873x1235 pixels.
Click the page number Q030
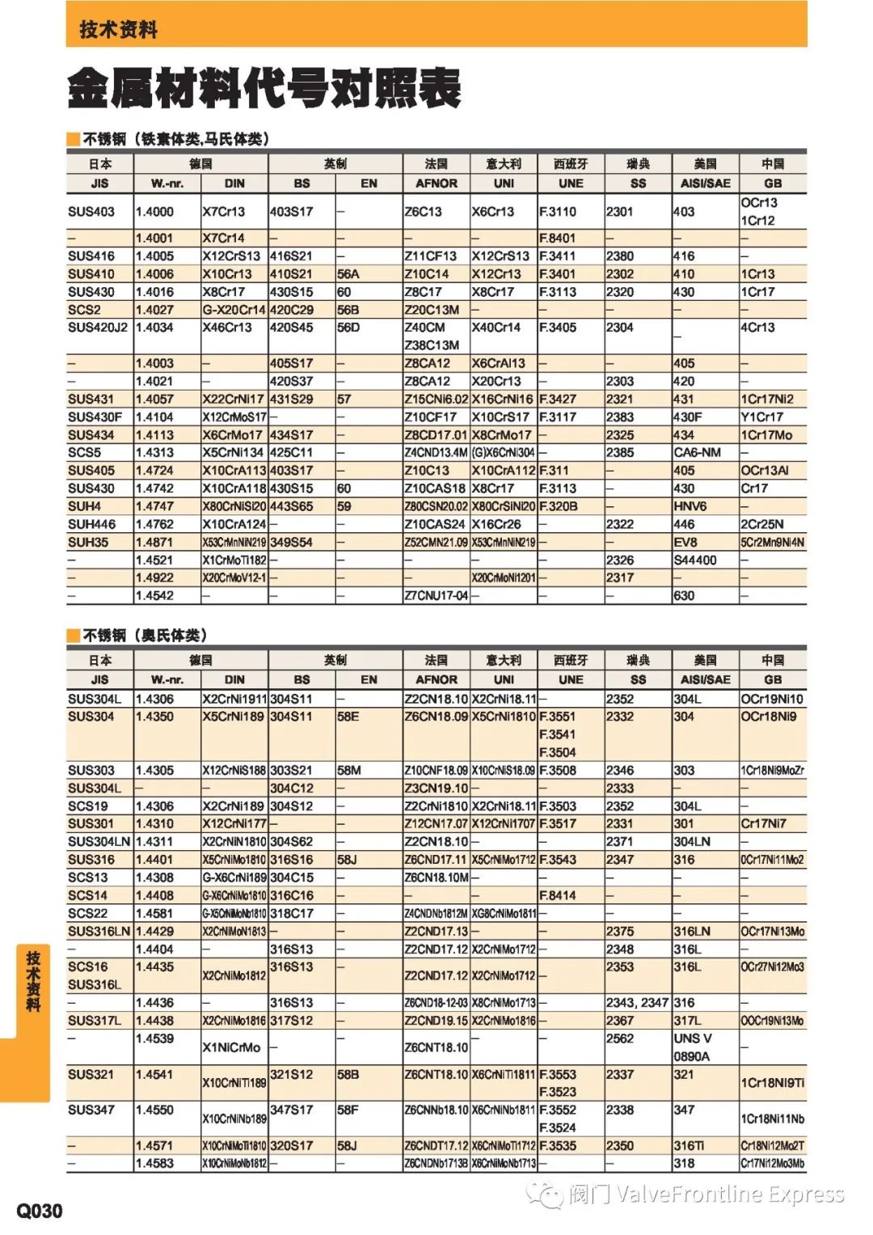(40, 1210)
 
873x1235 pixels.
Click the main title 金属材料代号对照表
(264, 88)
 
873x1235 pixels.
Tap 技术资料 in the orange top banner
(118, 30)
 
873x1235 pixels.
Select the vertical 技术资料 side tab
(33, 981)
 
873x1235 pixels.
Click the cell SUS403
(91, 212)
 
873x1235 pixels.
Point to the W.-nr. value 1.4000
(154, 212)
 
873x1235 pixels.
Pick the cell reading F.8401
(558, 239)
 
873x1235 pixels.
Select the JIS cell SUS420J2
(99, 328)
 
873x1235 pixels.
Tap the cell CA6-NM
(697, 453)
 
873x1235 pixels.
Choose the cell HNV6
(690, 506)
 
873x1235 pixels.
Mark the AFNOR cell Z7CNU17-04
(436, 596)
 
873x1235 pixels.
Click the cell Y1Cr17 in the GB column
(762, 417)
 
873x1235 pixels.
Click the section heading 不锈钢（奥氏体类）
(145, 635)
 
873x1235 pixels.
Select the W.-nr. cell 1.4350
(154, 717)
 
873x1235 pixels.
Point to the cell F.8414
(558, 895)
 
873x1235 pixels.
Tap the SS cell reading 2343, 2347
(637, 1003)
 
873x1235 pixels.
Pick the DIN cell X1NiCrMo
(231, 1047)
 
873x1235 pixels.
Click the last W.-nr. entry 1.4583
(154, 1163)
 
